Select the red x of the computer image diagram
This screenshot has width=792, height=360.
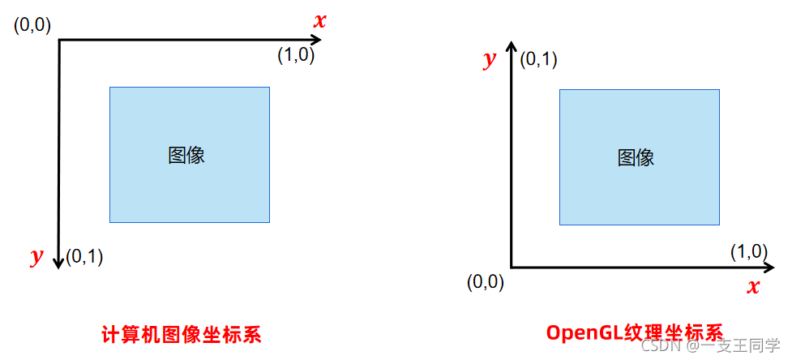click(x=319, y=21)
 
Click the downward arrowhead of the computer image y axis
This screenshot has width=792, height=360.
click(x=58, y=262)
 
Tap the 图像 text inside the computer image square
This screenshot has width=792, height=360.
click(x=186, y=156)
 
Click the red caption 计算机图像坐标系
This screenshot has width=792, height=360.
click(x=182, y=334)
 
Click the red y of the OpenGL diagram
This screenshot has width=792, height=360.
click(x=489, y=60)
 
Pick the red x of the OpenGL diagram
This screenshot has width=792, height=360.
click(x=753, y=286)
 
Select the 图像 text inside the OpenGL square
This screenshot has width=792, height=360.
click(x=636, y=157)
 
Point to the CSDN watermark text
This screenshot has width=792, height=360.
click(x=659, y=346)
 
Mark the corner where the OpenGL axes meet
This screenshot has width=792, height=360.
click(x=511, y=267)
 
